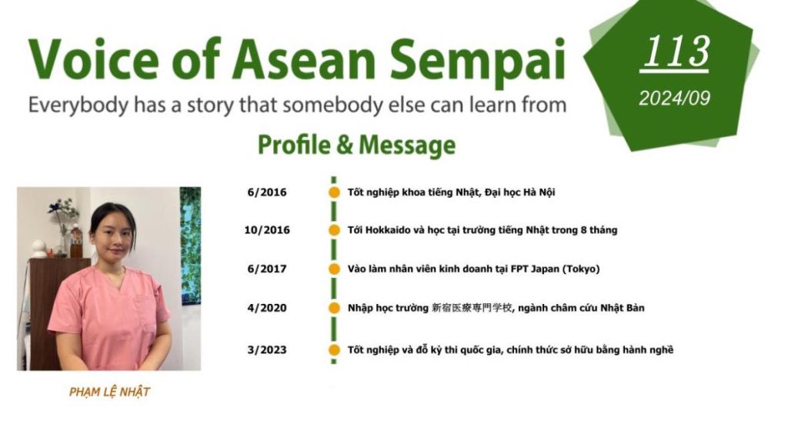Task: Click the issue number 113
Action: tap(676, 52)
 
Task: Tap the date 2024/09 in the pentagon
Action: tap(674, 98)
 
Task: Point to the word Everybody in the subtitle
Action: tap(78, 105)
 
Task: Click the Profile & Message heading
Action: tap(356, 145)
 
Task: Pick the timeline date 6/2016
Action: tap(267, 192)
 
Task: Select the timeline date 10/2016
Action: tap(267, 230)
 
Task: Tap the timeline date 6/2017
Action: tap(267, 269)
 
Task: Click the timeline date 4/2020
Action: tap(267, 308)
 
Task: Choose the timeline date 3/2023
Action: tap(267, 350)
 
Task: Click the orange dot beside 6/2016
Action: tap(334, 192)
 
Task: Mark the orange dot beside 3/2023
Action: tap(334, 350)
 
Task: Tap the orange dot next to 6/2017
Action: tap(334, 269)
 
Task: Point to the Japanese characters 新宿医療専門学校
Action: tap(472, 308)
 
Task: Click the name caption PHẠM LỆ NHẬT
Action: tap(109, 392)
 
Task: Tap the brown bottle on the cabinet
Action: tap(76, 242)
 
